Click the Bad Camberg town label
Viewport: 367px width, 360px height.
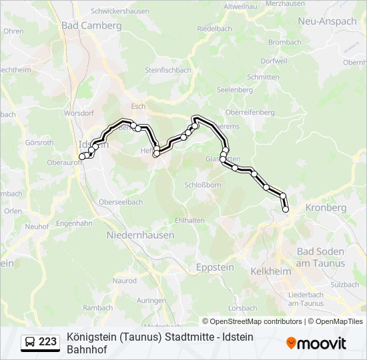coord(91,25)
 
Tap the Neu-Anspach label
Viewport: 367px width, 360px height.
coord(327,21)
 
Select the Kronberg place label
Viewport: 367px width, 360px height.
coord(326,208)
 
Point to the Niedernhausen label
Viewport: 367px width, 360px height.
coord(140,235)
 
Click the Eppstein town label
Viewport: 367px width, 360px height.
coord(216,267)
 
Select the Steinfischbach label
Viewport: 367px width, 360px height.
coord(168,70)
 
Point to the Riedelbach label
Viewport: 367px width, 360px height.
coord(214,29)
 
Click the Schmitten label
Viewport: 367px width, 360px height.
coord(263,77)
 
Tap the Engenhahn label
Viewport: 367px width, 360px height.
coord(73,224)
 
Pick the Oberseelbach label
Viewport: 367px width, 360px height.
coord(121,202)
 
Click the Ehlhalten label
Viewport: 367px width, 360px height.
coord(190,220)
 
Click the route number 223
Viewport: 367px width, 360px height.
coord(47,342)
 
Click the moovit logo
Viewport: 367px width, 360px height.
coord(316,343)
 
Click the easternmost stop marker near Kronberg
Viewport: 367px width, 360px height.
coord(286,209)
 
